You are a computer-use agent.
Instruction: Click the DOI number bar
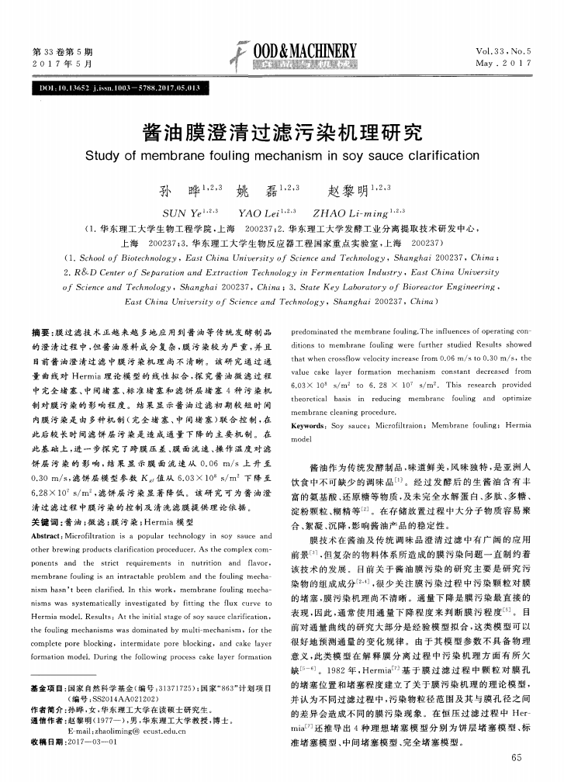[123, 88]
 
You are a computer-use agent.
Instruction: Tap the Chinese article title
[281, 130]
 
